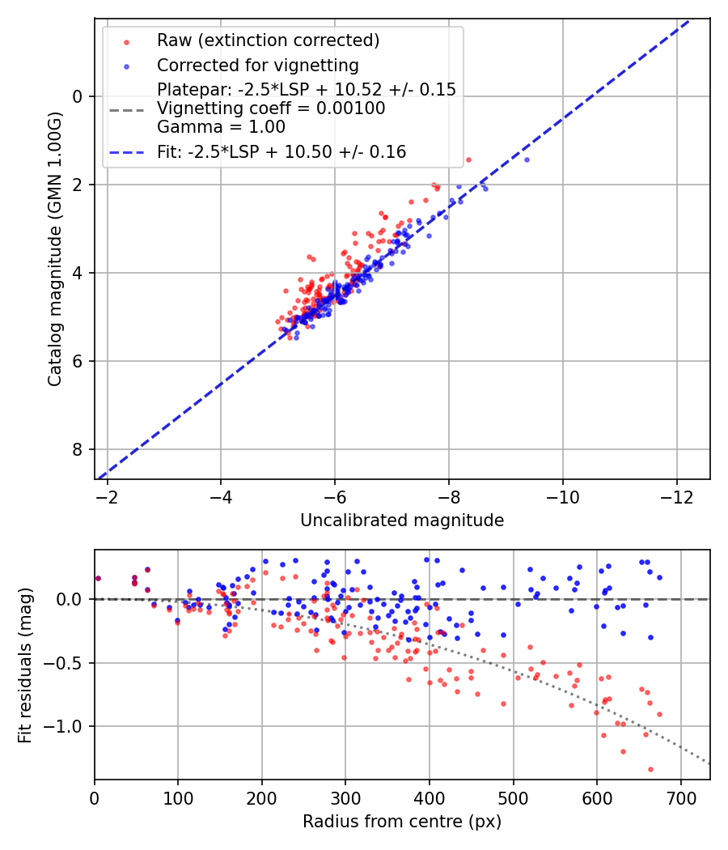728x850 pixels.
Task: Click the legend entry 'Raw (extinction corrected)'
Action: click(x=268, y=40)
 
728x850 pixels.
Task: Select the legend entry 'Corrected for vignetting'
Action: click(x=257, y=65)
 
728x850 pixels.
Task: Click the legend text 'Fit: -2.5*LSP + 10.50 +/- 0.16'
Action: click(x=281, y=151)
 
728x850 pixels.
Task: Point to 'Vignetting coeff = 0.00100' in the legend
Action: click(x=271, y=108)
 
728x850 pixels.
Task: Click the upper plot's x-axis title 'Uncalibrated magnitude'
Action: click(x=402, y=521)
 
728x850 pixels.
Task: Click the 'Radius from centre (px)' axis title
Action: click(x=402, y=822)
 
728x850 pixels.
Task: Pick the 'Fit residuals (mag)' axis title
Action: click(x=25, y=665)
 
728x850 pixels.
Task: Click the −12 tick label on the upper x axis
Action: click(x=677, y=496)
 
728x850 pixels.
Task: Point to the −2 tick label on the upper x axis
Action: click(x=107, y=496)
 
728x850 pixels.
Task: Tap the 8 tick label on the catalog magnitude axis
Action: click(x=78, y=449)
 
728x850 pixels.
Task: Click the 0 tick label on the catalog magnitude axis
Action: click(x=78, y=96)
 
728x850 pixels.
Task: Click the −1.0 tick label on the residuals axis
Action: click(x=67, y=726)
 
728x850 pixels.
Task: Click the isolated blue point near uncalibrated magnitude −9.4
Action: click(x=527, y=159)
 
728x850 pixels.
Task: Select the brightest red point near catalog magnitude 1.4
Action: click(x=468, y=159)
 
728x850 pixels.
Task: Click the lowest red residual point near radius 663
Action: click(x=650, y=769)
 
